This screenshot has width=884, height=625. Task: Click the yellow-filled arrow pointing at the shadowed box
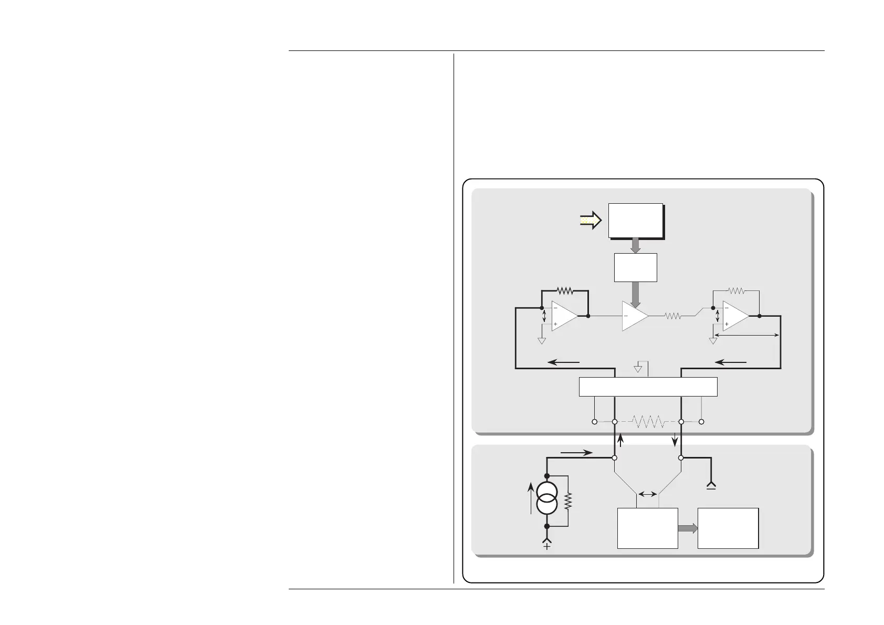[x=590, y=221]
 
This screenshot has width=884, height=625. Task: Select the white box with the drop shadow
[x=635, y=221]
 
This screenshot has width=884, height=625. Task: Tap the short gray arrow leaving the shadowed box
[x=635, y=245]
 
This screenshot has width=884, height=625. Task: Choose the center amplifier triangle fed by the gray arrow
[x=635, y=316]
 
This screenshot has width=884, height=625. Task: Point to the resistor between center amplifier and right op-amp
[x=673, y=316]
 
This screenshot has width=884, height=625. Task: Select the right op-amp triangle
[x=735, y=316]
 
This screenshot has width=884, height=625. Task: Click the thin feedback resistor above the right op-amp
[x=736, y=290]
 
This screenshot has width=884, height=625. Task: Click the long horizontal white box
[x=648, y=387]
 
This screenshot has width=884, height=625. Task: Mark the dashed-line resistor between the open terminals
[x=648, y=422]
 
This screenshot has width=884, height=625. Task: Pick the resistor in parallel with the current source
[x=568, y=502]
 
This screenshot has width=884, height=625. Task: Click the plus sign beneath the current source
[x=547, y=547]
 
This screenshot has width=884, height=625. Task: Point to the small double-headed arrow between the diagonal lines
[x=647, y=494]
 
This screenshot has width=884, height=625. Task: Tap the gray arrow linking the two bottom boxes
[x=688, y=528]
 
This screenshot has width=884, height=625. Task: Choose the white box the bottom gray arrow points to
[x=728, y=528]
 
